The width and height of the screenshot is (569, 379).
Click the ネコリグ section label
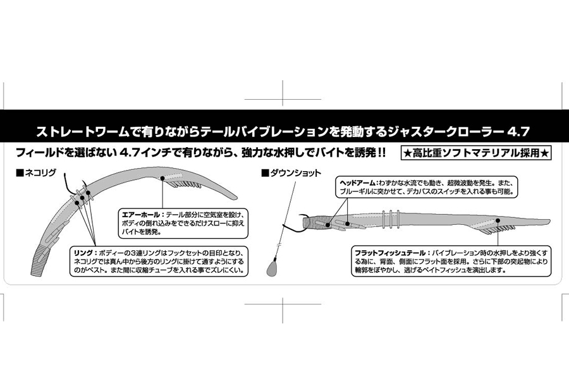click(40, 172)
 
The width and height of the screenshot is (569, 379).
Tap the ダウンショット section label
click(296, 173)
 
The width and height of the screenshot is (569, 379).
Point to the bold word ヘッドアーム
click(357, 183)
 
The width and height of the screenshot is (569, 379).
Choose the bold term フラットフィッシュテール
click(389, 253)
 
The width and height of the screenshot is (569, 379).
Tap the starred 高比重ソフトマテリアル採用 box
click(476, 153)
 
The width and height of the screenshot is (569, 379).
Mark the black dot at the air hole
click(162, 178)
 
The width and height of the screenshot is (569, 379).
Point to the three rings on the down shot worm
click(391, 220)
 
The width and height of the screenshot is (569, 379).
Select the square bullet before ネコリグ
click(20, 173)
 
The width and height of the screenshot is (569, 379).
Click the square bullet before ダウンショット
click(266, 173)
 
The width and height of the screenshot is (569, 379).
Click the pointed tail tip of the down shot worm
click(549, 222)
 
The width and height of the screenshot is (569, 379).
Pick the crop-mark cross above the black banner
click(283, 99)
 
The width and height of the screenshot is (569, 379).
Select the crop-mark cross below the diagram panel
click(283, 304)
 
